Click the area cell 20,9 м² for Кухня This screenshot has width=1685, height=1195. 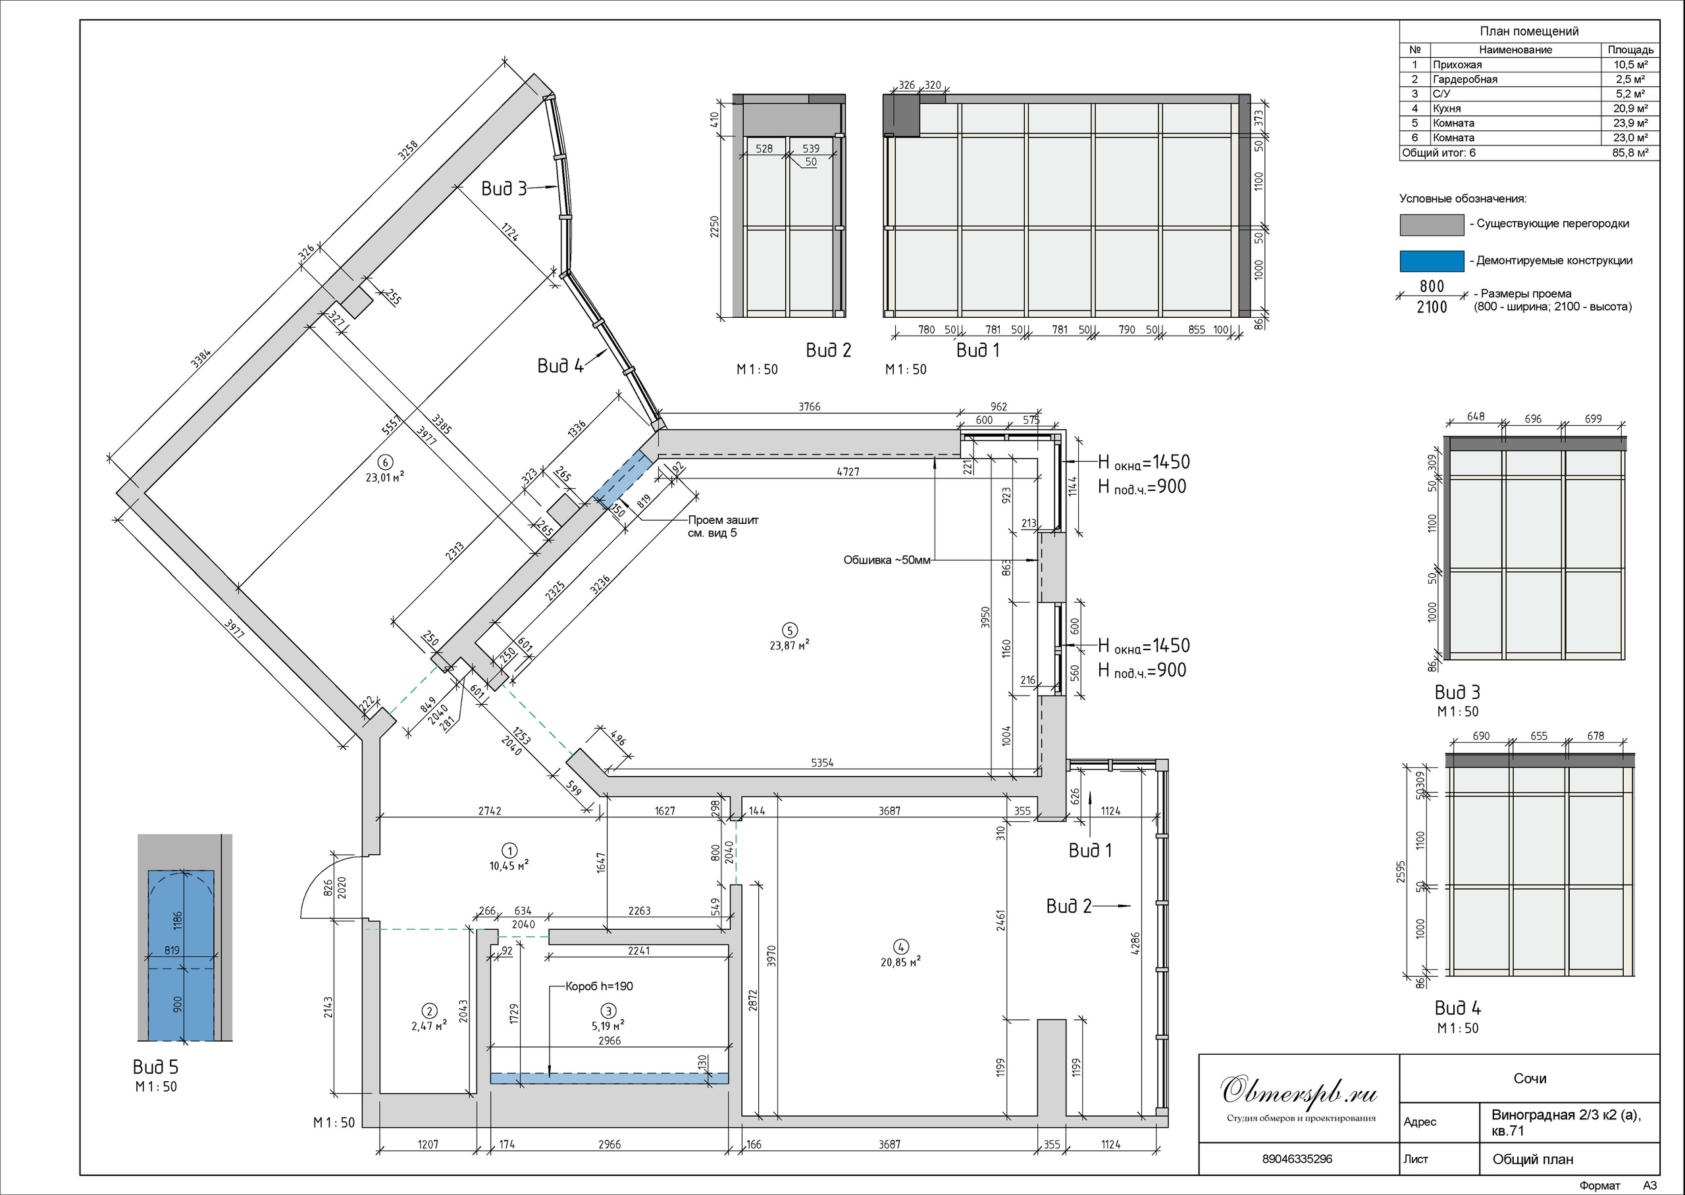tap(1630, 108)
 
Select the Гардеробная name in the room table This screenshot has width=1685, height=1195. tap(1465, 80)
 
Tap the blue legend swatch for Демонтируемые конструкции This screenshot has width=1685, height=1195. tap(1431, 261)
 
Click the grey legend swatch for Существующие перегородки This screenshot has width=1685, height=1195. tap(1431, 225)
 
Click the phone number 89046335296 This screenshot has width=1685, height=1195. tap(1297, 1159)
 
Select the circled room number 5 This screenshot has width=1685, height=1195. tap(790, 630)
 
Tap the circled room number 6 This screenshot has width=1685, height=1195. tap(384, 462)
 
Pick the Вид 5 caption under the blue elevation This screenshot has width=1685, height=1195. tap(155, 1067)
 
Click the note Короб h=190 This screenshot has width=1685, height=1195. tap(599, 986)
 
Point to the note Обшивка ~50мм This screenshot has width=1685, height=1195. tap(887, 560)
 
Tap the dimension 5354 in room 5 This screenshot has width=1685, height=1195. tap(822, 763)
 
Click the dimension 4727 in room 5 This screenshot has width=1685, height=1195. tap(848, 472)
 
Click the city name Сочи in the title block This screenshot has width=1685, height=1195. tap(1530, 1079)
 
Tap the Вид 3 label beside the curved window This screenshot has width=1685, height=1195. tap(504, 189)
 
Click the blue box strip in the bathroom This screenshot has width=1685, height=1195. tap(609, 1078)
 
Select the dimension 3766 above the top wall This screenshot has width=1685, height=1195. tap(810, 406)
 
